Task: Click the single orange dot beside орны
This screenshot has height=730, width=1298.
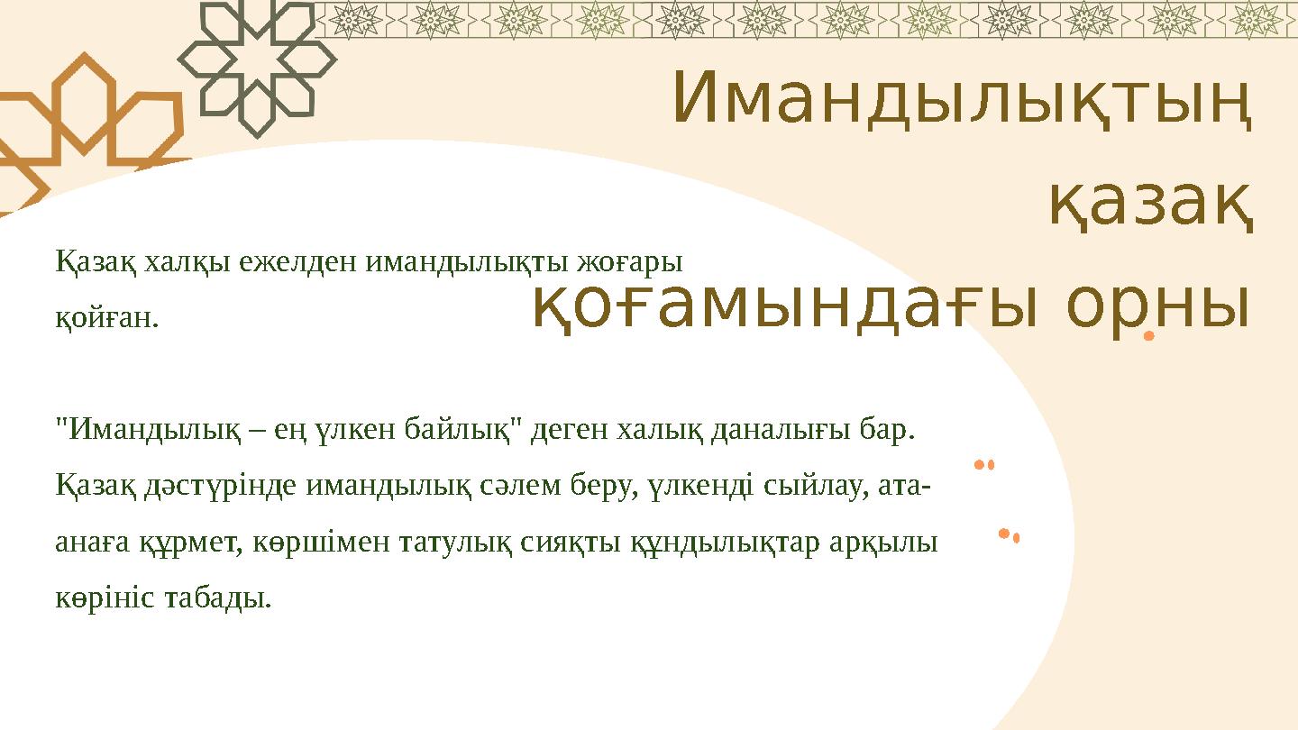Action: tap(1148, 337)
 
